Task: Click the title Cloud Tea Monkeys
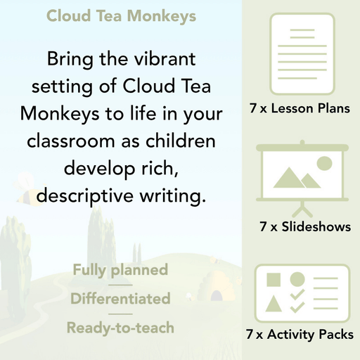pos(121,16)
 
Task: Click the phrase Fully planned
pos(120,270)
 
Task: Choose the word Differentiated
pos(120,299)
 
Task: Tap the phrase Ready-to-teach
pos(120,327)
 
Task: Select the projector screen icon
pos(300,172)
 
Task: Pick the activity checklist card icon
pos(300,290)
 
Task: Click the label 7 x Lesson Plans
pos(300,109)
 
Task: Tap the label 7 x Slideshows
pos(304,227)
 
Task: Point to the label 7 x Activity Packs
pos(300,335)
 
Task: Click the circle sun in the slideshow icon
pos(324,164)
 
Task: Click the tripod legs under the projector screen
pos(300,207)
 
